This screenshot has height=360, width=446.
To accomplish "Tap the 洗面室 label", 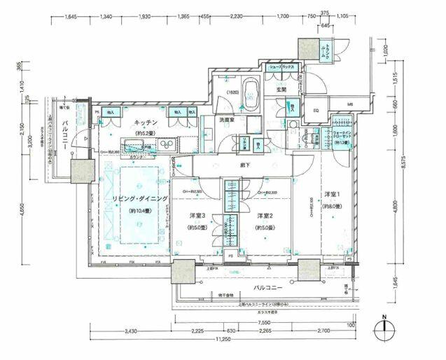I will (225, 120).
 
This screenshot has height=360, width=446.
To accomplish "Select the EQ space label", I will (316, 111).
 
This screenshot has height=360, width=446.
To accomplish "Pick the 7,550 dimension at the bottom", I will (277, 315).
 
